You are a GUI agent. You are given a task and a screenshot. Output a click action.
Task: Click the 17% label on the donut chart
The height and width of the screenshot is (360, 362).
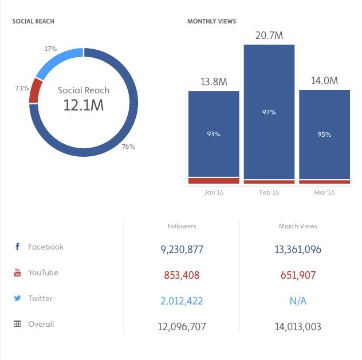click(x=51, y=49)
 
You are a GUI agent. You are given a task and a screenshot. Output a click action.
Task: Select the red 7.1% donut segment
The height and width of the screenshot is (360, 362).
click(x=34, y=90)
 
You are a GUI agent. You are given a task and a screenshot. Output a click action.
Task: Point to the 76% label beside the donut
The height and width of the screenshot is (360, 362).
click(x=128, y=147)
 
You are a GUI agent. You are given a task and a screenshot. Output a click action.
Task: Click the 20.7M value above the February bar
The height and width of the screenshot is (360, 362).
click(x=269, y=36)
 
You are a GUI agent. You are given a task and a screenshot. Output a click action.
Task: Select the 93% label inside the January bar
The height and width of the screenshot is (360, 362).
click(x=213, y=134)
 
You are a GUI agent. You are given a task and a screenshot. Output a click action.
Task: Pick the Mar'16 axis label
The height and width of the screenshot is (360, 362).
click(x=324, y=192)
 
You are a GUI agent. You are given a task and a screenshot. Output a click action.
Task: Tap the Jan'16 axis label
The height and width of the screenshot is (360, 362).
click(x=214, y=192)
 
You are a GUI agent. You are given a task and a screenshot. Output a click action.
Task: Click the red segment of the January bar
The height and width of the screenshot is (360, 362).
click(x=214, y=181)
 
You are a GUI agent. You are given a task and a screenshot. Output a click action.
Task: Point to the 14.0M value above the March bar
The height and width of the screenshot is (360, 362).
click(x=324, y=81)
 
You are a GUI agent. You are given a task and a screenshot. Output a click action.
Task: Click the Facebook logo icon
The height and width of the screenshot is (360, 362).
click(x=17, y=247)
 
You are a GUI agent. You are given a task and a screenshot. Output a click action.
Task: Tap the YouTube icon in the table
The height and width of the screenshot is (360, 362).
click(x=17, y=273)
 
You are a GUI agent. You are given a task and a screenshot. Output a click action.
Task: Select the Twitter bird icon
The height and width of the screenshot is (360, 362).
click(x=17, y=298)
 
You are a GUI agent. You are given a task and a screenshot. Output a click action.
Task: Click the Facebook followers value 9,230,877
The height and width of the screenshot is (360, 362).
click(x=182, y=250)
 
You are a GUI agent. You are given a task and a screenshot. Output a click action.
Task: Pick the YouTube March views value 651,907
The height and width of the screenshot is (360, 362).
click(x=298, y=275)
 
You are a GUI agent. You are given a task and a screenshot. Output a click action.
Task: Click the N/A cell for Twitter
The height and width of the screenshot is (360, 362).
click(x=298, y=301)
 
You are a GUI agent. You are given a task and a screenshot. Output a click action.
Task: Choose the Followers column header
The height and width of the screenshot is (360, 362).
click(x=182, y=226)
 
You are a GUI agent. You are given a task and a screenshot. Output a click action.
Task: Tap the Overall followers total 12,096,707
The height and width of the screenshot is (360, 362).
click(x=182, y=327)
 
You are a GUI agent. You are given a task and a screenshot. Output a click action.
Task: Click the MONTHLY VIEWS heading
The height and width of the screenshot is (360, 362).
click(x=211, y=22)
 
